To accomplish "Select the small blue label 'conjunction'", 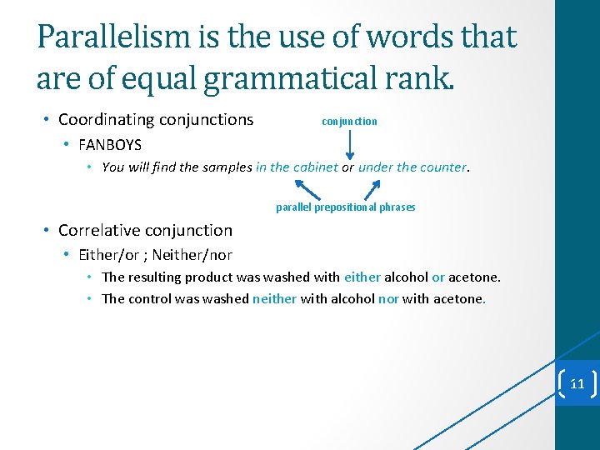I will [x=349, y=122].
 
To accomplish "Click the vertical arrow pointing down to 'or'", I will [x=349, y=145].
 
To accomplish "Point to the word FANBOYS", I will [x=110, y=145].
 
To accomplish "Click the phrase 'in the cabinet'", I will [x=297, y=167].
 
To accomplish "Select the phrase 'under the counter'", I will [x=412, y=167].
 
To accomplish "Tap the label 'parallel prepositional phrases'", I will [x=345, y=207].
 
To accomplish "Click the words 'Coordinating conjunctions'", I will [x=156, y=120].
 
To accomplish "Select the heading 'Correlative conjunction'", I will [x=145, y=230].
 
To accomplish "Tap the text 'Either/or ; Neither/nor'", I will [x=155, y=255].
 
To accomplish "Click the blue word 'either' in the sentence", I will [x=362, y=277].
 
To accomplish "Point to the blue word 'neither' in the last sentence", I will [x=274, y=298].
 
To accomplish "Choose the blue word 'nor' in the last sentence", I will [x=388, y=298].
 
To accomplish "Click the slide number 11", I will [x=577, y=384].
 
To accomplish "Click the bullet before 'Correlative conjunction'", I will [x=48, y=231].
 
